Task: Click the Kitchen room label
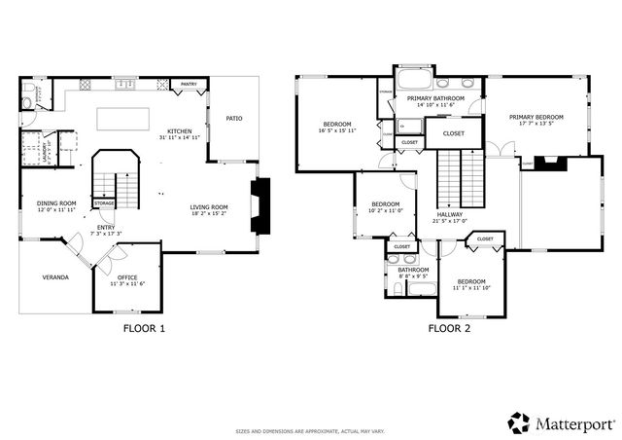[x=179, y=131]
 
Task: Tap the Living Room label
[x=208, y=206]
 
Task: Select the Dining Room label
[x=56, y=202]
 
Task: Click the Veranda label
[x=54, y=277]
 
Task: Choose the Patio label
[x=233, y=119]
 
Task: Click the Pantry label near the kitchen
[x=189, y=85]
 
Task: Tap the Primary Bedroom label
[x=536, y=117]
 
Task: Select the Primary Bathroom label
[x=434, y=98]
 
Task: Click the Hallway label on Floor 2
[x=449, y=214]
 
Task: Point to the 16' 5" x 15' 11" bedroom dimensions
[x=337, y=129]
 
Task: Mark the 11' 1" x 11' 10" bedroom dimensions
[x=472, y=288]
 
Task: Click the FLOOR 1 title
[x=144, y=329]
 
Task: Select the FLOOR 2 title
[x=449, y=329]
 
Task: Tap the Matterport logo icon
[x=519, y=422]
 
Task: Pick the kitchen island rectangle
[x=121, y=117]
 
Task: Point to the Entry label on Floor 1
[x=106, y=227]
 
